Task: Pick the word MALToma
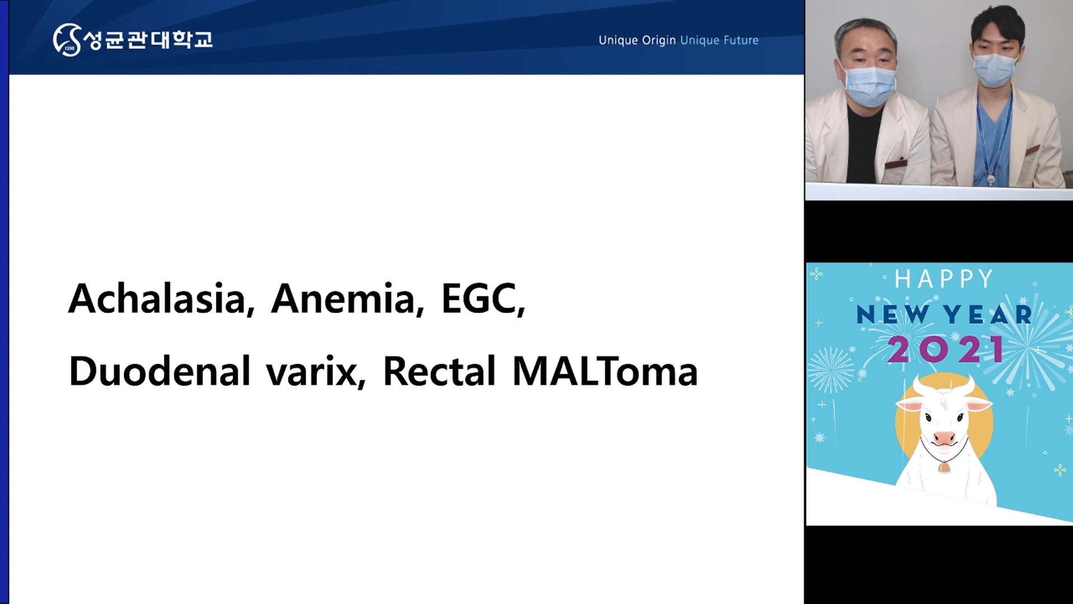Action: point(605,371)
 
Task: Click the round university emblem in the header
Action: point(67,40)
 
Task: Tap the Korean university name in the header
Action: point(148,39)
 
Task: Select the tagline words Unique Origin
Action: point(637,40)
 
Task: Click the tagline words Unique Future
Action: point(719,40)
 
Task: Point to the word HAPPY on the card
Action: point(944,279)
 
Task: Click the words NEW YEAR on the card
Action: point(944,315)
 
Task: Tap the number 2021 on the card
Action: point(946,350)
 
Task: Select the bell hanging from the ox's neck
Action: point(944,466)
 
